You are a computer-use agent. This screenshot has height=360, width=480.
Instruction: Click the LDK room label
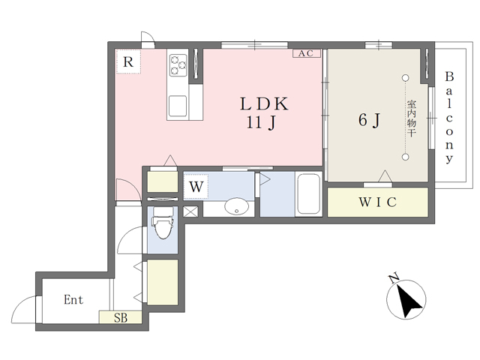264,103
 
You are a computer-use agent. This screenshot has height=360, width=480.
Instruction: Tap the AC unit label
307,53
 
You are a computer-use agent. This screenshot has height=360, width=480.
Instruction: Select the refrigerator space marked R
128,61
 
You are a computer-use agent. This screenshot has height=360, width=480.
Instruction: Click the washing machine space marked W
196,187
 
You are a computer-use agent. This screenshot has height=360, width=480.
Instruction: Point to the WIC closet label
378,202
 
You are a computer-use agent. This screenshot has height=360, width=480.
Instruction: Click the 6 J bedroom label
369,120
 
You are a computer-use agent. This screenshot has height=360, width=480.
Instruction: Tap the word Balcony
449,118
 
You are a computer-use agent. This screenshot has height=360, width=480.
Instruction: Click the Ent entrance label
73,300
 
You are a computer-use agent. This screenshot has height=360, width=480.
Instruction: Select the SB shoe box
120,317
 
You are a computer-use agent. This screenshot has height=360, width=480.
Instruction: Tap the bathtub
308,194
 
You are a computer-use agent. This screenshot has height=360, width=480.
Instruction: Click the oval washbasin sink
236,206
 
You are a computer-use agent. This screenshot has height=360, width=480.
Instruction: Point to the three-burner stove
178,65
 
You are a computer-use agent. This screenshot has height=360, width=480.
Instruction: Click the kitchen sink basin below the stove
178,106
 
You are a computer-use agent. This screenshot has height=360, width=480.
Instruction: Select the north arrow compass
406,299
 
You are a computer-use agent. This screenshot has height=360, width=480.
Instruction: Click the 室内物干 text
411,118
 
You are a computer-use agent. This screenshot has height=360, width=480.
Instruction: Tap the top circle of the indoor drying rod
406,78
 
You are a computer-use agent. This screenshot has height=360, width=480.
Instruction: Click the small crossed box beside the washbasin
190,211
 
